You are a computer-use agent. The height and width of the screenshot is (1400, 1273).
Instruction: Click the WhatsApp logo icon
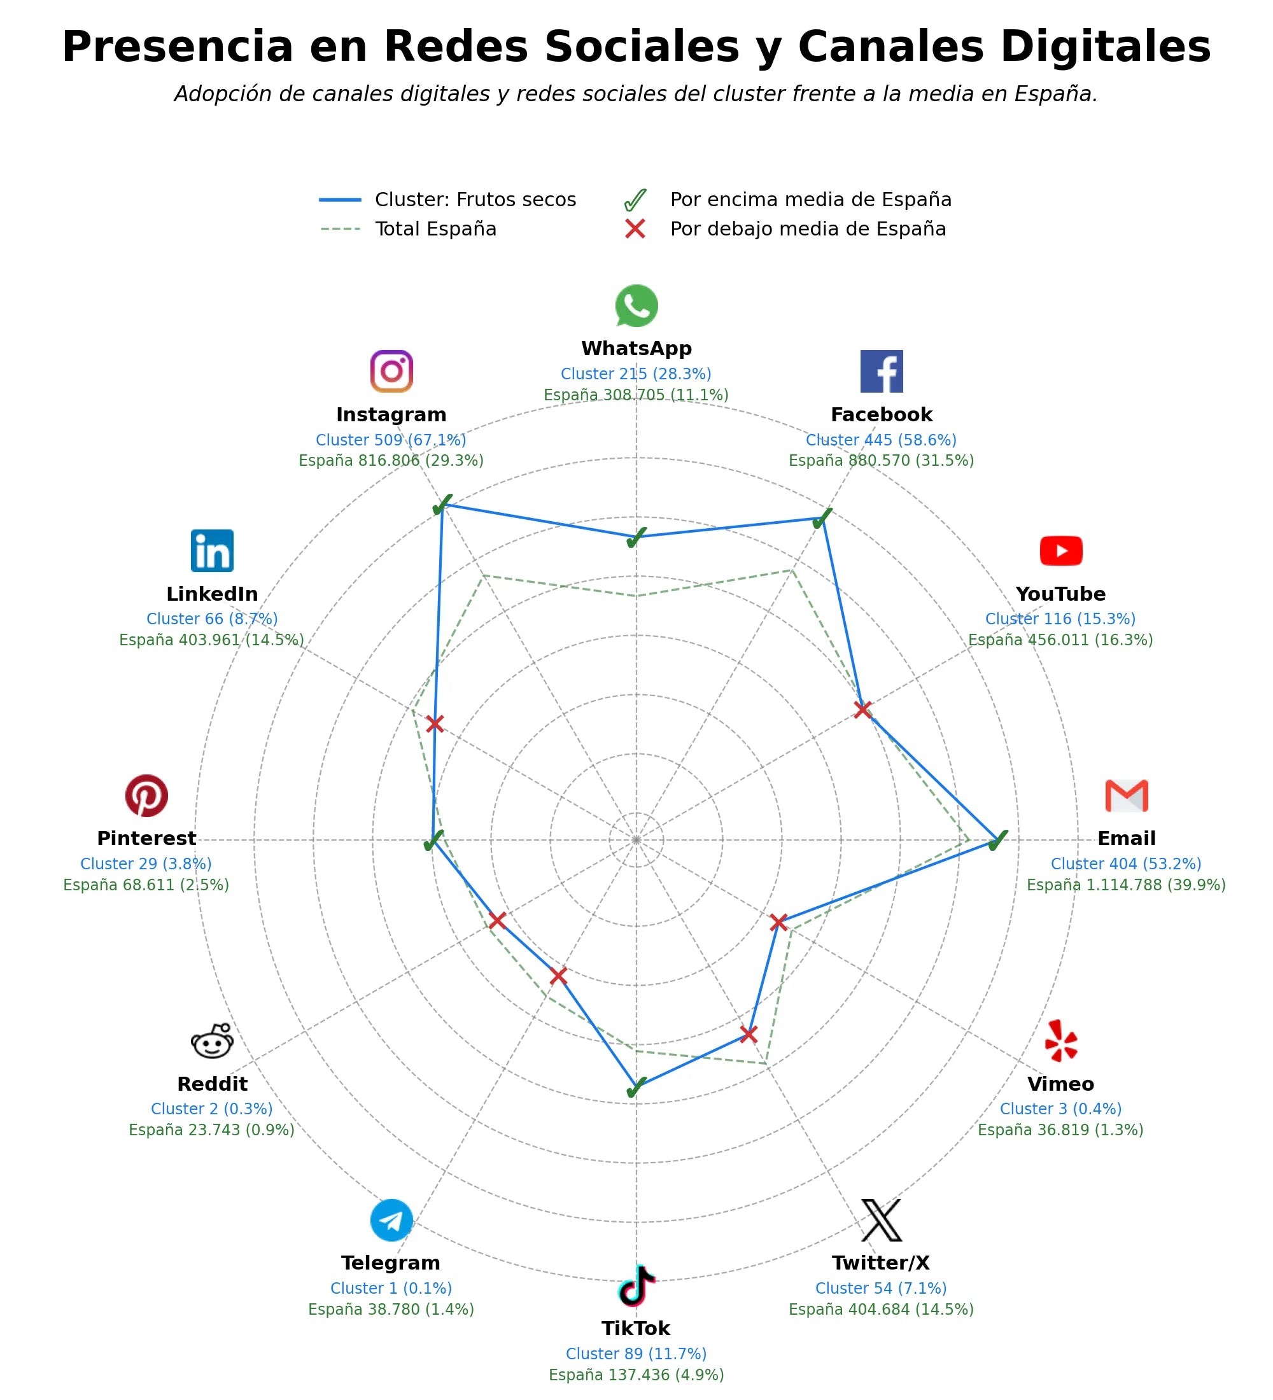coord(636,305)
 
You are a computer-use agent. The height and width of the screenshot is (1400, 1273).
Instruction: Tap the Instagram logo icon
coord(391,372)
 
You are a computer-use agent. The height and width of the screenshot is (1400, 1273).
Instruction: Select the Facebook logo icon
coord(882,372)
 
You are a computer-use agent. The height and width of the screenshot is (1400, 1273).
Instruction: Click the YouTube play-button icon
coord(1060,550)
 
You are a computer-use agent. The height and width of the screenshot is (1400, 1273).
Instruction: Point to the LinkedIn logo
coord(212,550)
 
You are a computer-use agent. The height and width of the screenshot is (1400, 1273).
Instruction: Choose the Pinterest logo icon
coord(146,796)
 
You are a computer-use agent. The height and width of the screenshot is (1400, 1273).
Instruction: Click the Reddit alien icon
coord(212,1040)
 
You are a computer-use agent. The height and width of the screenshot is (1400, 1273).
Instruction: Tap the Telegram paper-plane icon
coord(391,1220)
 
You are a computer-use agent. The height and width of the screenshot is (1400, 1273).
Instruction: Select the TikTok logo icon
coord(636,1285)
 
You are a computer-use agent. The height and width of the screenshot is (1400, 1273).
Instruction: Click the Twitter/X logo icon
coord(882,1220)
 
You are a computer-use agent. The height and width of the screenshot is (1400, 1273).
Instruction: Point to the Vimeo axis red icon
coord(1060,1040)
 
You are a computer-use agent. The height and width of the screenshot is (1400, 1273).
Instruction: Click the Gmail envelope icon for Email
coord(1127,796)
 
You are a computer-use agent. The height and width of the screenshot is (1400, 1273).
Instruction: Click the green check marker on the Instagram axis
coord(442,505)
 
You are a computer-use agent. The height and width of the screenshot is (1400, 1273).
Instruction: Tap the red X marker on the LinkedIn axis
coord(435,724)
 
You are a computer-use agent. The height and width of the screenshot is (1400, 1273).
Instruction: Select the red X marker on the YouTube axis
coord(862,710)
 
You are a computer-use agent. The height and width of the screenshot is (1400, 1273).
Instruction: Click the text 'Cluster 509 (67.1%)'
coord(391,440)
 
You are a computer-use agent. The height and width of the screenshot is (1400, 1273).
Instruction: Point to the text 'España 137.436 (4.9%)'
coord(636,1375)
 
